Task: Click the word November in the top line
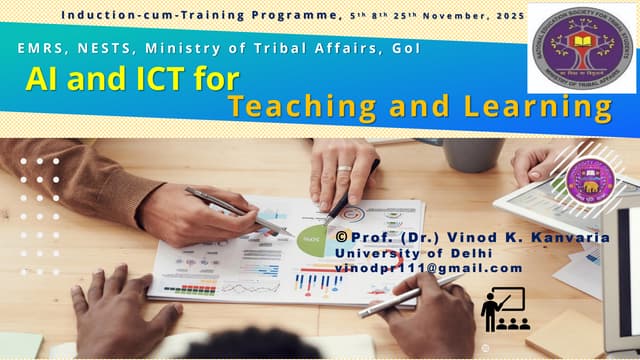point(430,15)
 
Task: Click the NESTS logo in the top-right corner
point(580,48)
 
